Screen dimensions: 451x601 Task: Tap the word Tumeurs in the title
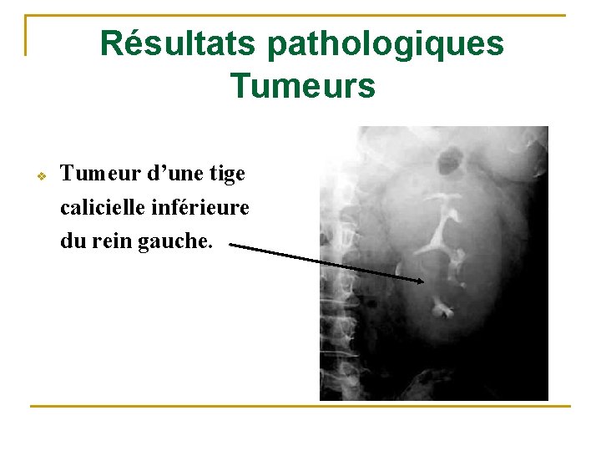pyautogui.click(x=302, y=85)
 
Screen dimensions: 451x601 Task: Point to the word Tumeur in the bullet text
pyautogui.click(x=93, y=174)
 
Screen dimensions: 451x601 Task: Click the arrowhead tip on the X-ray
pyautogui.click(x=422, y=281)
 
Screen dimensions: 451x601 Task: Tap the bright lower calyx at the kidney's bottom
pyautogui.click(x=442, y=311)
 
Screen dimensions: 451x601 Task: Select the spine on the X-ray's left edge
pyautogui.click(x=334, y=301)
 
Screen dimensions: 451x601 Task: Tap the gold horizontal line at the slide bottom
pyautogui.click(x=300, y=406)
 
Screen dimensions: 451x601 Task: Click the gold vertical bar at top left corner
pyautogui.click(x=26, y=35)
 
